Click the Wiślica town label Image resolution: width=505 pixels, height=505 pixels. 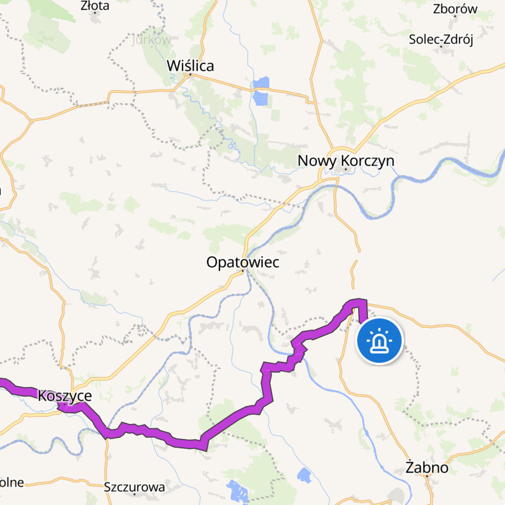click(190, 66)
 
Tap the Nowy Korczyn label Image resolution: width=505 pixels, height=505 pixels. click(346, 161)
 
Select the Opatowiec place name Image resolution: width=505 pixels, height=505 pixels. click(243, 262)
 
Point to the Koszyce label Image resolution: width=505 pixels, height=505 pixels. click(65, 396)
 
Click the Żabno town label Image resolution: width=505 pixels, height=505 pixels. click(427, 467)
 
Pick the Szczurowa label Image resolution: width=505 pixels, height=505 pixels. click(134, 487)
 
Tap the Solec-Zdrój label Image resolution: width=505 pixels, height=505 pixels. click(441, 39)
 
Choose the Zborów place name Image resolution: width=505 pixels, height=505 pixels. click(455, 9)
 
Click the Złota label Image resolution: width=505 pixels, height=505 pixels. click(95, 6)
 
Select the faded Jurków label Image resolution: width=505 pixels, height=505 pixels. click(152, 40)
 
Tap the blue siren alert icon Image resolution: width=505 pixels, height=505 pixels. click(379, 341)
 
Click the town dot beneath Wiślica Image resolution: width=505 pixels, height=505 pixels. click(190, 74)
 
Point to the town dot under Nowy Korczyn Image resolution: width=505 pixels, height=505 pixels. click(346, 169)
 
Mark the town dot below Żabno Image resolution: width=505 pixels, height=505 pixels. click(427, 476)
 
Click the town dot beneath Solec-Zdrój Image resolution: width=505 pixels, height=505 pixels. click(441, 46)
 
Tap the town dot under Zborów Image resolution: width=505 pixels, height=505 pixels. click(455, 16)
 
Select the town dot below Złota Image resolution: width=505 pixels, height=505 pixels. click(95, 13)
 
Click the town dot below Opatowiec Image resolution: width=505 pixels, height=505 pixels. click(243, 271)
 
